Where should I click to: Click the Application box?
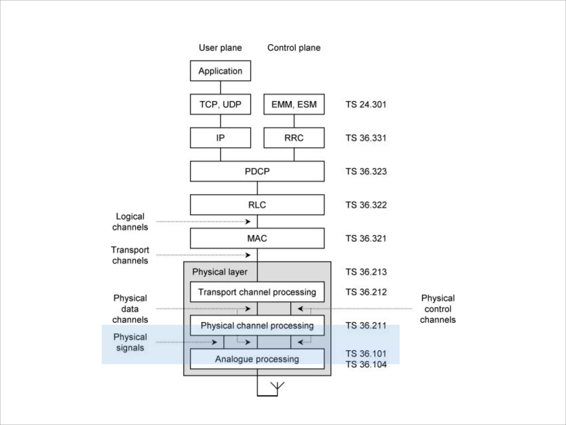pyautogui.click(x=220, y=71)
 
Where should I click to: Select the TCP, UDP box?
pyautogui.click(x=220, y=104)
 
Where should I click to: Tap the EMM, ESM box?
pyautogui.click(x=294, y=104)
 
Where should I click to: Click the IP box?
pyautogui.click(x=220, y=138)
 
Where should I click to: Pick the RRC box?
pyautogui.click(x=294, y=138)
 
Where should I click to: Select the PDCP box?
pyautogui.click(x=257, y=171)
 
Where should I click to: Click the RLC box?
pyautogui.click(x=257, y=205)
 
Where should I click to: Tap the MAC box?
pyautogui.click(x=257, y=238)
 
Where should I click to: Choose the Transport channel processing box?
pyautogui.click(x=257, y=292)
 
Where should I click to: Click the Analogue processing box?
pyautogui.click(x=257, y=359)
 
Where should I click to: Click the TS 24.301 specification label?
pyautogui.click(x=366, y=105)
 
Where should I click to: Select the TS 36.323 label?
pyautogui.click(x=366, y=172)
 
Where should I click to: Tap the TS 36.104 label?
pyautogui.click(x=366, y=364)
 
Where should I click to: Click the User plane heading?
pyautogui.click(x=220, y=48)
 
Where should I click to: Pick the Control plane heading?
pyautogui.click(x=294, y=48)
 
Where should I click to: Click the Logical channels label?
pyautogui.click(x=130, y=222)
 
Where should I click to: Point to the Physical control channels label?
pyautogui.click(x=438, y=309)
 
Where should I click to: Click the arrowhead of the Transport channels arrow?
pyautogui.click(x=248, y=255)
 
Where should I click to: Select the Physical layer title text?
pyautogui.click(x=220, y=272)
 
